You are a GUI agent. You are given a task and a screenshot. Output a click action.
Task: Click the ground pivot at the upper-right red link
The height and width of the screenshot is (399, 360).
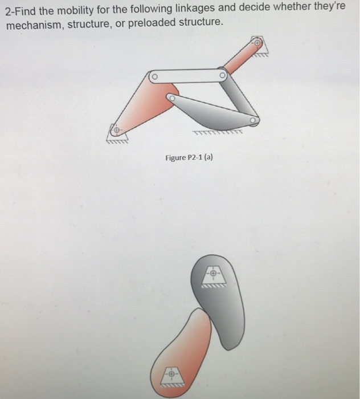pos(257,43)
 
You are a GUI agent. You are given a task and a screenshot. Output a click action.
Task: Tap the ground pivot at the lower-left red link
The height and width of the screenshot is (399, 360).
pos(116,131)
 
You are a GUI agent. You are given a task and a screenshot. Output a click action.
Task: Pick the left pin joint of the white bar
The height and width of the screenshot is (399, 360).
pos(153,76)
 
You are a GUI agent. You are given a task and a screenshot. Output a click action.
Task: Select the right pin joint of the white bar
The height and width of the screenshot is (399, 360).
pos(222,74)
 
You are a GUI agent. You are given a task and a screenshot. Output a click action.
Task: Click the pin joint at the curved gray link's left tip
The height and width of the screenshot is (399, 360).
pos(170,98)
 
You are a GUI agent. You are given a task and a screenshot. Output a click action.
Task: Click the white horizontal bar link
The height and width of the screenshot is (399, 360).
pos(187,75)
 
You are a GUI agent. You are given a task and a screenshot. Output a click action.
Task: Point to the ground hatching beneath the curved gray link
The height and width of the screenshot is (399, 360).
pos(217,135)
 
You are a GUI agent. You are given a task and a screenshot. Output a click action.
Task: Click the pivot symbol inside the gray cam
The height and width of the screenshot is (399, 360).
pos(212,274)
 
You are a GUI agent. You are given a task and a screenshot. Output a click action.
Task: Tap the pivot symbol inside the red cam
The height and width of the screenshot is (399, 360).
pos(170,374)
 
